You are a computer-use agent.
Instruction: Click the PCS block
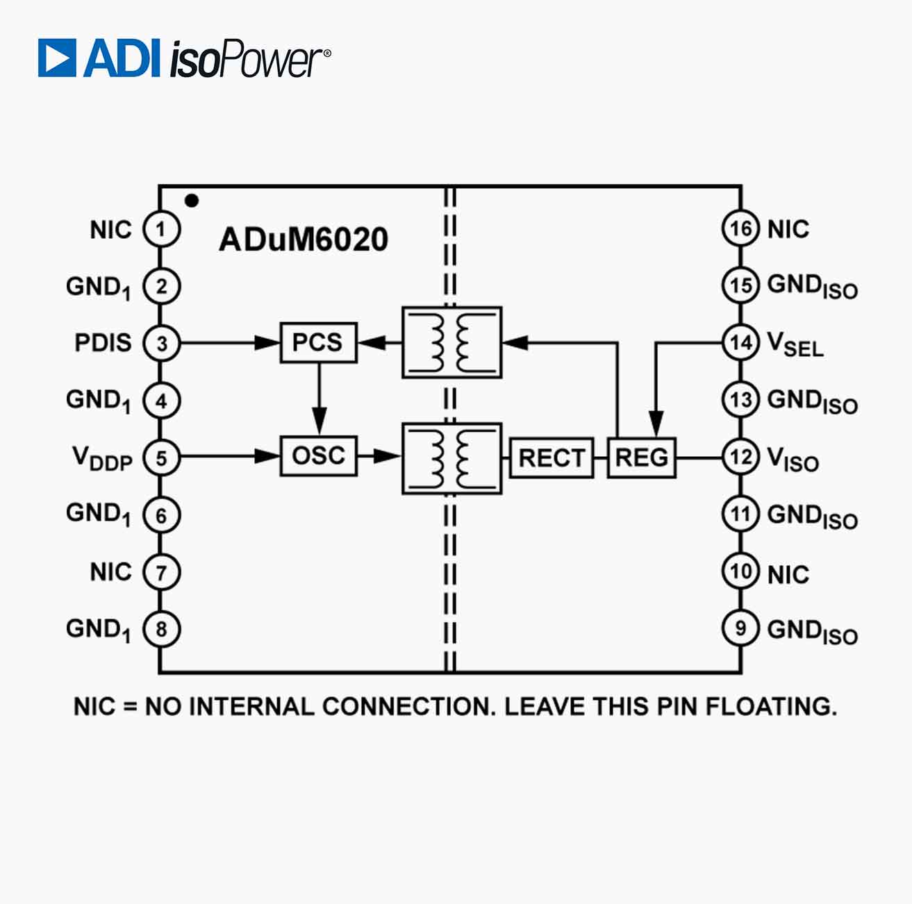tap(318, 342)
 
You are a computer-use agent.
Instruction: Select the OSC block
tap(318, 456)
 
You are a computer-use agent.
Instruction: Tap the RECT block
tap(552, 458)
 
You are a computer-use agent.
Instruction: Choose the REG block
tap(642, 458)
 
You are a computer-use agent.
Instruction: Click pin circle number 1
tap(161, 229)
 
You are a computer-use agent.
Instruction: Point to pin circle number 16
tap(740, 228)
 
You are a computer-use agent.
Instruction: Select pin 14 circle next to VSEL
tap(740, 342)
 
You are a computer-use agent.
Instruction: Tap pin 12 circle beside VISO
tap(740, 457)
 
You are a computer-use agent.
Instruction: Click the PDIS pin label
tap(103, 343)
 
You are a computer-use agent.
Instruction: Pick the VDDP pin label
tap(102, 458)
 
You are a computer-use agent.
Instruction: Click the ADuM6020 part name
tap(303, 240)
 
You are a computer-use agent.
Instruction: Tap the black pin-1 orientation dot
tap(192, 201)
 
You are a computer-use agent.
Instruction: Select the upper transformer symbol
tap(451, 342)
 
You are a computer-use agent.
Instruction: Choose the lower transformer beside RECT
tap(451, 458)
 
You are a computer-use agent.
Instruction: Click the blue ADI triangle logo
tap(57, 58)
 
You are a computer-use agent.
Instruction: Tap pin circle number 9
tap(740, 628)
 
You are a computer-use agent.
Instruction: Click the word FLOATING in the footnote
tap(771, 707)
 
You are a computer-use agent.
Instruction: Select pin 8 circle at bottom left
tap(161, 629)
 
